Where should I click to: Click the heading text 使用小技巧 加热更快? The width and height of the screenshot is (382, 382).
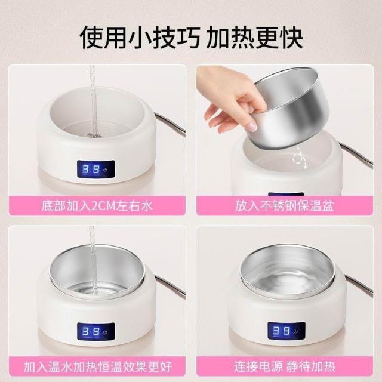point(192,38)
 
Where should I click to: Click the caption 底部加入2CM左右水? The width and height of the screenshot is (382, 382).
point(97,206)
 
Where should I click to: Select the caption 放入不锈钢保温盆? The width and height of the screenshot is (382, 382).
point(284,206)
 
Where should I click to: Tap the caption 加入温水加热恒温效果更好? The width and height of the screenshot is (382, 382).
point(98,366)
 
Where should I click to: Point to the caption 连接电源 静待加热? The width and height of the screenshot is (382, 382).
point(285,366)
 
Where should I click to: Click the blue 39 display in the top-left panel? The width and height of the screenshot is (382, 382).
point(91,169)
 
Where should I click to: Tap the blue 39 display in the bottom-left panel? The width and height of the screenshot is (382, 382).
point(91,331)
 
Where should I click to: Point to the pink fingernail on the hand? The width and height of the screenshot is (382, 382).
point(252,127)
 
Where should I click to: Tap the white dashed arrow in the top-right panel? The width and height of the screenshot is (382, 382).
point(300,158)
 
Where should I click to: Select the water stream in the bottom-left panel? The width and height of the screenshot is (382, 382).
point(93,261)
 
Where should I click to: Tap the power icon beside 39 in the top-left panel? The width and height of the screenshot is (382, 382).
point(105,170)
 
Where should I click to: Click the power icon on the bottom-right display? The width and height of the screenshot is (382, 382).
point(296,332)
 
